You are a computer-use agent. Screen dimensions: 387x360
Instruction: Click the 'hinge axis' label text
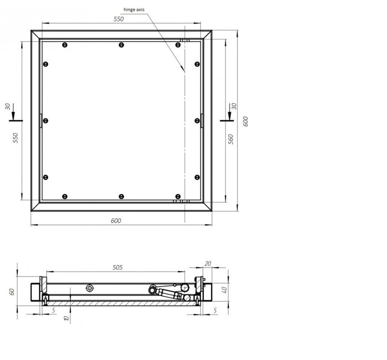(134, 10)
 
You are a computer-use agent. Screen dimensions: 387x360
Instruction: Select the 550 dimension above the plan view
(119, 19)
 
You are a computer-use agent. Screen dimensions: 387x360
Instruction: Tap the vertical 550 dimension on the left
(15, 138)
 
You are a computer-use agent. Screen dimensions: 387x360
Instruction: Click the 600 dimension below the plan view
(116, 221)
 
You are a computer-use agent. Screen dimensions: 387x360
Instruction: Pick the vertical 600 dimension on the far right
(246, 121)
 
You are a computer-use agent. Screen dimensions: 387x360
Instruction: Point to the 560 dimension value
(231, 139)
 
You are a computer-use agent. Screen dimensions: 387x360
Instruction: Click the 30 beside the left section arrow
(8, 106)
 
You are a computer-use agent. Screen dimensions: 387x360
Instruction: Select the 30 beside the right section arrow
(234, 106)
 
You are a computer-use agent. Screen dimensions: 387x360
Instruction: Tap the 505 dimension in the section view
(118, 268)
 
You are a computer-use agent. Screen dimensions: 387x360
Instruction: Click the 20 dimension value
(208, 264)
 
